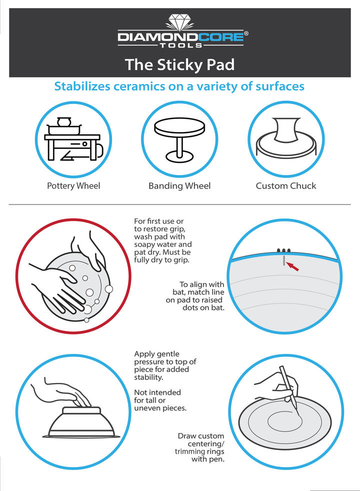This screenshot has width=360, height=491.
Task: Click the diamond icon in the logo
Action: click(179, 22)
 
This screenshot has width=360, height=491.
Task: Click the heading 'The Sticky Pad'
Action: click(179, 65)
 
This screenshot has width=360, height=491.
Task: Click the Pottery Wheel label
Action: click(73, 185)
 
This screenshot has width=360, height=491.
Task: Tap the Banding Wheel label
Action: click(179, 185)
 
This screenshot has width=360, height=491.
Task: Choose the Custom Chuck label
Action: click(286, 185)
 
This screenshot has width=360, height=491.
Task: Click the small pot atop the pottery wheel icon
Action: click(64, 121)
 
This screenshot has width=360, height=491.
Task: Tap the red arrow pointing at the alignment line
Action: click(292, 266)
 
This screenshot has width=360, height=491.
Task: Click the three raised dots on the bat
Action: click(283, 250)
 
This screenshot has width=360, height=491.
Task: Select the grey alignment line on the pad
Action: click(284, 260)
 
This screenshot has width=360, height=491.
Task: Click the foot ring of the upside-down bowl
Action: click(81, 410)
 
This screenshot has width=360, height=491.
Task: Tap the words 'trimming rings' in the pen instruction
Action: click(199, 451)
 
